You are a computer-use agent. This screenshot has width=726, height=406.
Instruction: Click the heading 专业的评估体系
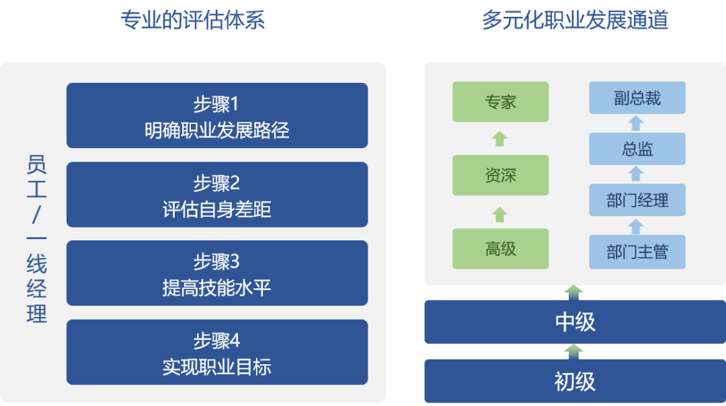[192, 20]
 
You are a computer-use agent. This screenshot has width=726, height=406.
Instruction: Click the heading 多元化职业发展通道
[575, 20]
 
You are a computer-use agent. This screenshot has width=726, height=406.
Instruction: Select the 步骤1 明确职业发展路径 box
[216, 115]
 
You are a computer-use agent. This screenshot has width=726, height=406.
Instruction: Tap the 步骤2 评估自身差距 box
[216, 195]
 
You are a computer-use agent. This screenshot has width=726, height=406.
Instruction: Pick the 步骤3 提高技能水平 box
[216, 273]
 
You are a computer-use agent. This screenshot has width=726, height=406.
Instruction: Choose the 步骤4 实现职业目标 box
[216, 352]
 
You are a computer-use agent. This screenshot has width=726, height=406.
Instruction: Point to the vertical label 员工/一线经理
[36, 239]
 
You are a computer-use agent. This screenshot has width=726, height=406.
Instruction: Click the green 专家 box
[500, 102]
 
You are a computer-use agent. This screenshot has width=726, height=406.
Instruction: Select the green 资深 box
[500, 175]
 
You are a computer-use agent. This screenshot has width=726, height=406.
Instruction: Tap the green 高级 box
[500, 248]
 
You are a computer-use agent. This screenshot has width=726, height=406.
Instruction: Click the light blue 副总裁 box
[637, 98]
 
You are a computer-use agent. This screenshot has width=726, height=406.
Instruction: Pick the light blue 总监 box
[637, 149]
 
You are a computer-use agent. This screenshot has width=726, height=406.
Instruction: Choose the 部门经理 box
[637, 200]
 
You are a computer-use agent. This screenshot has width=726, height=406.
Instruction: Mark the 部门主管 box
[637, 252]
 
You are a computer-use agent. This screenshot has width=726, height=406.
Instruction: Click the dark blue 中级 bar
[575, 322]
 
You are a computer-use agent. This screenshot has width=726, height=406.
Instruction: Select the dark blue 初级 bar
[575, 381]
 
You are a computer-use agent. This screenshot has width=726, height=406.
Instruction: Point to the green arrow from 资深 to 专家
[499, 139]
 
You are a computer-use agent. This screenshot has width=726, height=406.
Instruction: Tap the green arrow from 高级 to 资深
[499, 214]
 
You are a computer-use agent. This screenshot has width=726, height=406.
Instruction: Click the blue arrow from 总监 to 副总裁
[636, 123]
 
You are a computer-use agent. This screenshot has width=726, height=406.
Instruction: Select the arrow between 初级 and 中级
[573, 351]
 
